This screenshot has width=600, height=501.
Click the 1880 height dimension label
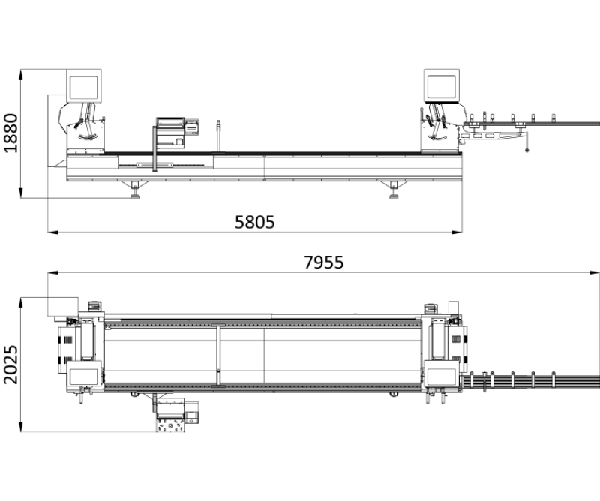[x=10, y=133]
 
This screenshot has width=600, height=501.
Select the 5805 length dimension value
[x=254, y=222]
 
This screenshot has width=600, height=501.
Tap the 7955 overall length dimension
[x=324, y=262]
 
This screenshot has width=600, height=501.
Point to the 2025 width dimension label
[x=10, y=364]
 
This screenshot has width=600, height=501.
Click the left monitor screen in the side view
[x=83, y=87]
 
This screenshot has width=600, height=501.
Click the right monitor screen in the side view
[x=442, y=87]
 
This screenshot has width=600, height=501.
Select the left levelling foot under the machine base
[x=135, y=190]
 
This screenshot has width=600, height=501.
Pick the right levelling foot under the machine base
[x=394, y=190]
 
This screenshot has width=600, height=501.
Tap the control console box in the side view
[x=170, y=133]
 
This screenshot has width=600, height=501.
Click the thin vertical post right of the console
[x=218, y=136]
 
